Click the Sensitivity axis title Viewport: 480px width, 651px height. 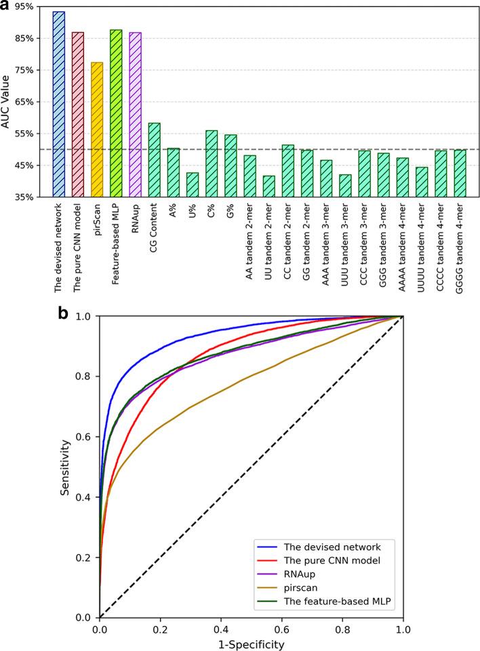click(x=66, y=467)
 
